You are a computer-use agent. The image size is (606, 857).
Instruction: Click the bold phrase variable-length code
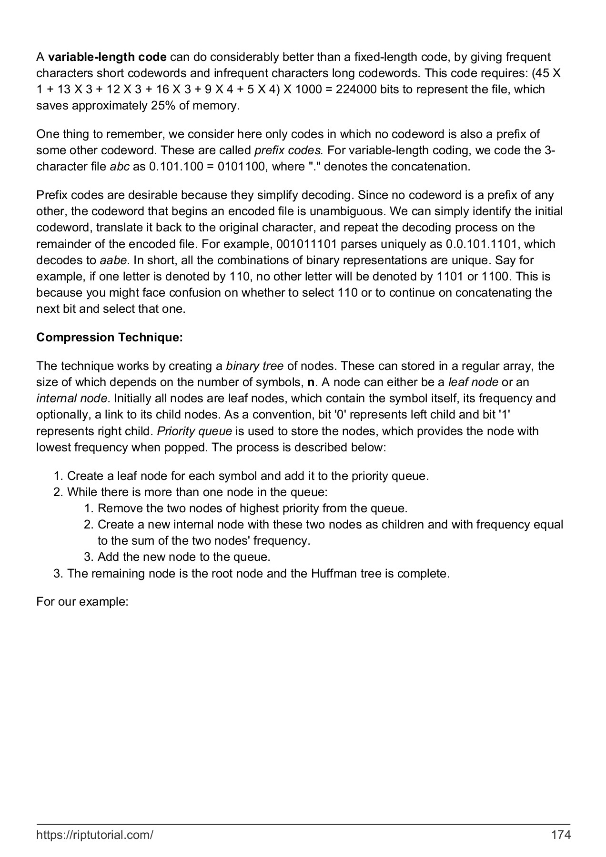coord(107,58)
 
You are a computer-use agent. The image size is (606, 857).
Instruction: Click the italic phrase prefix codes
coord(289,150)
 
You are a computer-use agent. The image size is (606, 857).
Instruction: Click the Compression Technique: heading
coord(110,338)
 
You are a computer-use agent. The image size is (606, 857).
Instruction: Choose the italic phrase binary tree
coord(254,366)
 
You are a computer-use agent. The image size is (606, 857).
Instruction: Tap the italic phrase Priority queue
coord(194,431)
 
